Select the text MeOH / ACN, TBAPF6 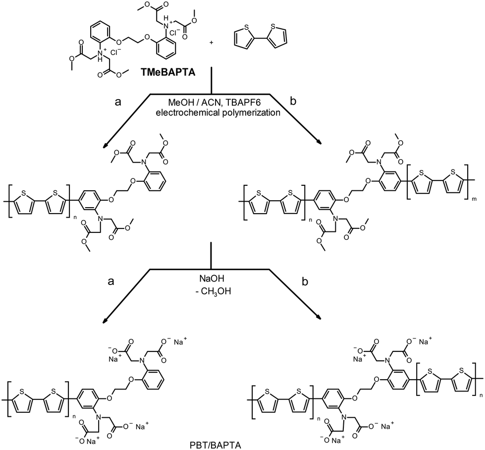click(x=212, y=102)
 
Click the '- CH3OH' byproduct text click(x=212, y=288)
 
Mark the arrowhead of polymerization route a click(x=105, y=146)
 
